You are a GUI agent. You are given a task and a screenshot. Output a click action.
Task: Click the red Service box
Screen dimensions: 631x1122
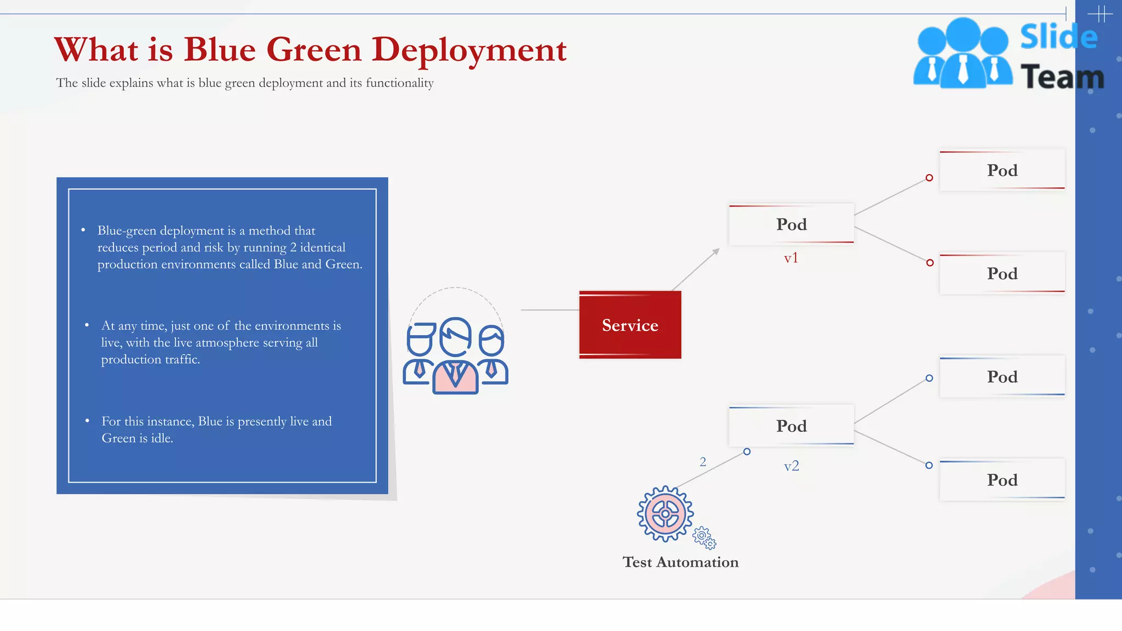630,325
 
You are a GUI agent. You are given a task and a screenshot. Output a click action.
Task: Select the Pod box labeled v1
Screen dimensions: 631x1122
791,224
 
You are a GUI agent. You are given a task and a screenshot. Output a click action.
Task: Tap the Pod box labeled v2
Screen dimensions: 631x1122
791,426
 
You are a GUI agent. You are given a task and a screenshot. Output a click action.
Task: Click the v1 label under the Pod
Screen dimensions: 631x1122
791,258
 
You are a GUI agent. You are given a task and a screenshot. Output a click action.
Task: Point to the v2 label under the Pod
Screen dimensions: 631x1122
791,466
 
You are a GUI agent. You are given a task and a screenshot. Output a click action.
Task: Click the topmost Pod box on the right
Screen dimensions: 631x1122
1002,170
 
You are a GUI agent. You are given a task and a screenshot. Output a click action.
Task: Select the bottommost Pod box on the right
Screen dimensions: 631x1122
1002,480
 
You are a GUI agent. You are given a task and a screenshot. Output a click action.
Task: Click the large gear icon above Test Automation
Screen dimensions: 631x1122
665,514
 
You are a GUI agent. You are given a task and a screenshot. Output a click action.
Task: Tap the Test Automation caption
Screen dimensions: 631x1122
680,563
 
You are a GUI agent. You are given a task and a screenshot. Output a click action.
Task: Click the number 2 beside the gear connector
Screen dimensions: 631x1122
703,462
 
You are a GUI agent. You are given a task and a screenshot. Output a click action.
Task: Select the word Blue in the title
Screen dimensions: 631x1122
220,50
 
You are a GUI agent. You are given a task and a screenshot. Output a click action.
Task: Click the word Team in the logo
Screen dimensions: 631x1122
1062,77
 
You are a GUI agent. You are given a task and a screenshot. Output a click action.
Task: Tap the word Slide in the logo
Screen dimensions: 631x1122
1058,37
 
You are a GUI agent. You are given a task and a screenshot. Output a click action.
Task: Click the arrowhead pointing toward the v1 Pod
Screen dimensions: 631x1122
716,251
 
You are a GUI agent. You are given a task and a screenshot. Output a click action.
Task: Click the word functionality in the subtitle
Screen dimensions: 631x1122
399,83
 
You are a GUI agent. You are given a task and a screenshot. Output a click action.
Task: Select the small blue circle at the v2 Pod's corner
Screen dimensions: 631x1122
747,452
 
